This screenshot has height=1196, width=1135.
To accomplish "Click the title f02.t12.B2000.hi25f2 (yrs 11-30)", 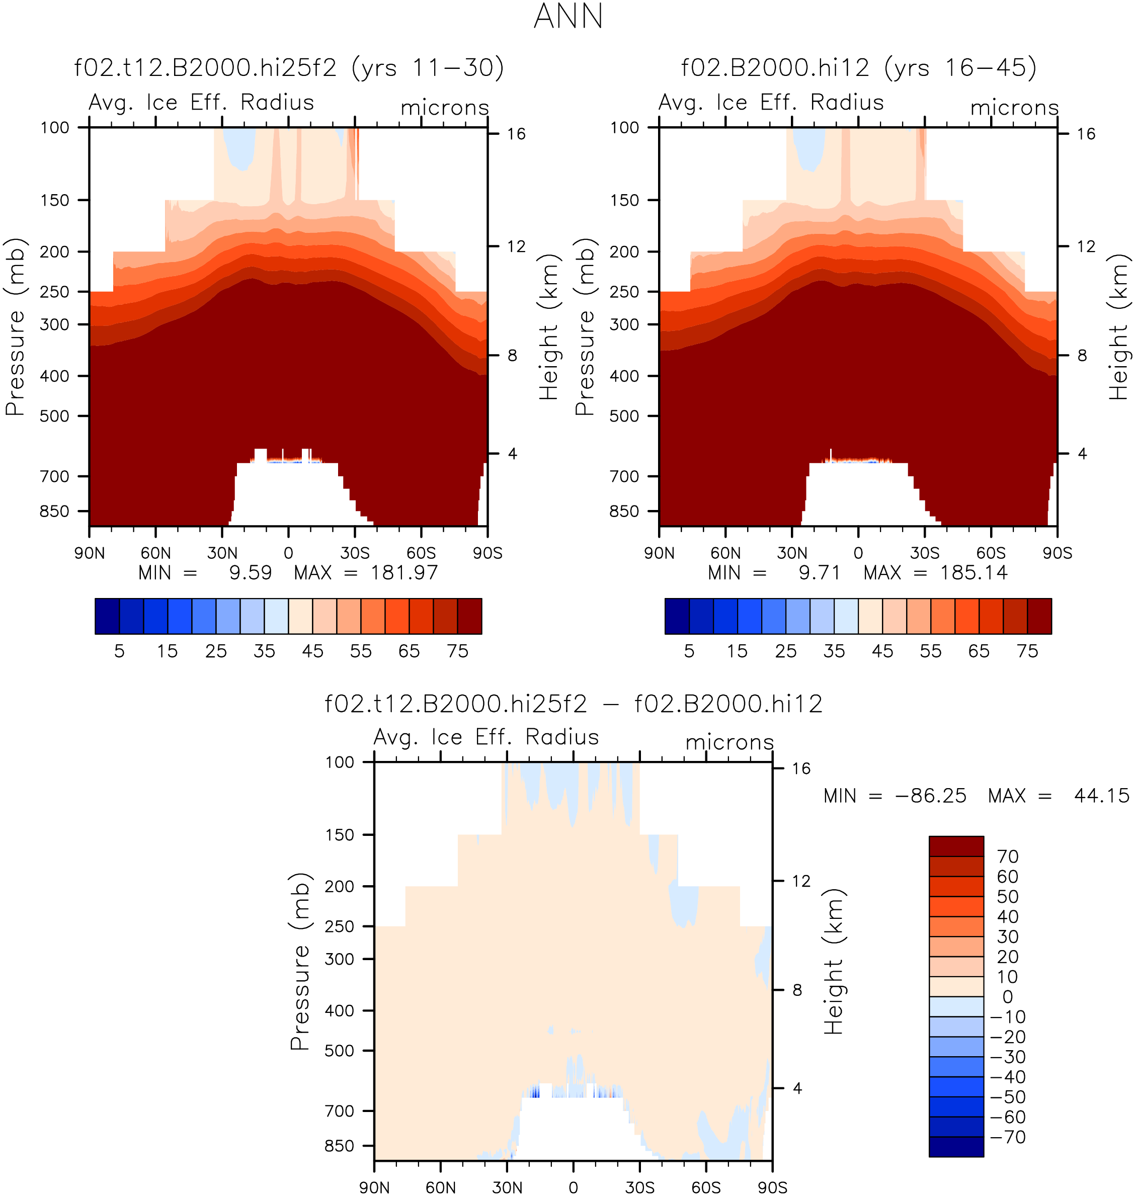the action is tap(289, 68).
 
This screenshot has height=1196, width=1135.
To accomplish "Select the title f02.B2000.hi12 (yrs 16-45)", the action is tap(858, 68).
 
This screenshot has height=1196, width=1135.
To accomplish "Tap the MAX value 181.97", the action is tap(404, 572).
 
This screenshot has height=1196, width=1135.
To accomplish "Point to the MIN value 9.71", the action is tap(820, 572).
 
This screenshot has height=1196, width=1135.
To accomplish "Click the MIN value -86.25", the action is tap(931, 796).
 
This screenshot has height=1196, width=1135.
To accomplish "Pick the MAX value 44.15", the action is tap(1102, 796).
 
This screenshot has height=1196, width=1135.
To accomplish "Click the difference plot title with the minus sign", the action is tap(574, 704).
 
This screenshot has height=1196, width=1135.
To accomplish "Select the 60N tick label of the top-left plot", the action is tap(155, 553).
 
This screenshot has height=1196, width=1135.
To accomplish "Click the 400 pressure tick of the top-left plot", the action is tap(55, 376).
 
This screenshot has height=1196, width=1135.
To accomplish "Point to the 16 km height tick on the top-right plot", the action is tap(1086, 134).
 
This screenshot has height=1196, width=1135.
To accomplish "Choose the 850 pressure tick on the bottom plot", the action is tap(340, 1146).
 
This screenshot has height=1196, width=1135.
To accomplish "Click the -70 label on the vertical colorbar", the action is tap(1008, 1137).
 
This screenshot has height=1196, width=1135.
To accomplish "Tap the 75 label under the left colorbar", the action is tap(457, 651).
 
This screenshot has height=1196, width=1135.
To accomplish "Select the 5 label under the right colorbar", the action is tap(689, 651).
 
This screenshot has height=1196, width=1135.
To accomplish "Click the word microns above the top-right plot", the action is tap(1015, 108).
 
